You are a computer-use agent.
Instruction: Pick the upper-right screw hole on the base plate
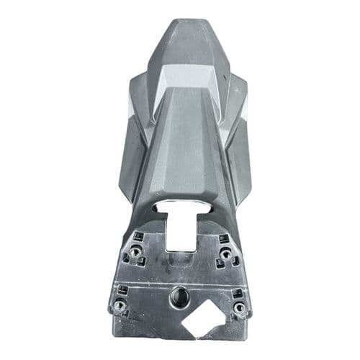[x=226, y=253]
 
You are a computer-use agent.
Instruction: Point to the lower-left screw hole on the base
[x=120, y=305]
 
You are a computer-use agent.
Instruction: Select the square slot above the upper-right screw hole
[x=224, y=238]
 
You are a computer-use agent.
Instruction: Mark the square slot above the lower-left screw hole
[x=122, y=290]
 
